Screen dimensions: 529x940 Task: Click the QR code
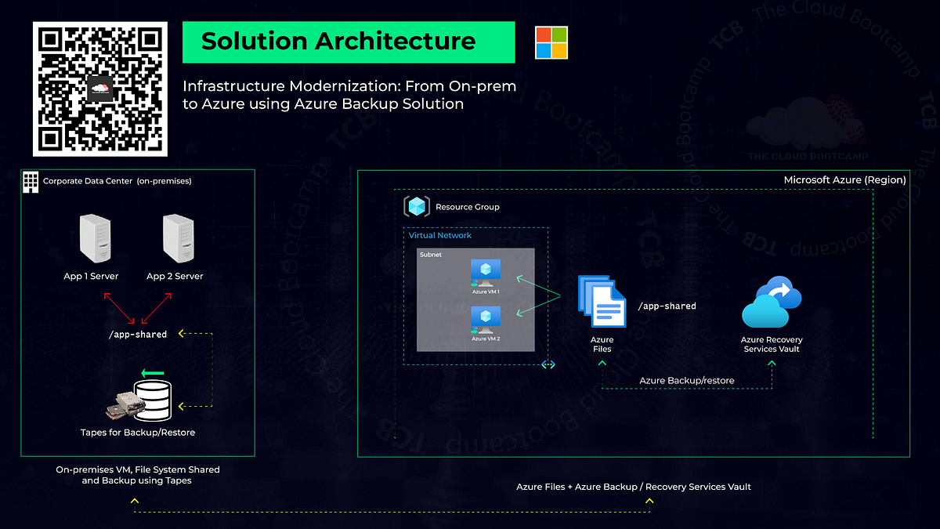coord(99,89)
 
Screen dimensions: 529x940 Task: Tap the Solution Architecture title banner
coord(348,42)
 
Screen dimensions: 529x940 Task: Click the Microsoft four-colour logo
coord(551,42)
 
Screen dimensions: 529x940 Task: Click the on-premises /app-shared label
coord(137,335)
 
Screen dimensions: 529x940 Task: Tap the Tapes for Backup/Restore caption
coord(138,432)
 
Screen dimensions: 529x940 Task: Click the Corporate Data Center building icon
coord(31,181)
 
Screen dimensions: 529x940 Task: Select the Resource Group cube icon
coord(417,207)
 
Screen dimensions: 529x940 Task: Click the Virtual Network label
coord(440,235)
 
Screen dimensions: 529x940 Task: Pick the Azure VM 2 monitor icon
coord(486,319)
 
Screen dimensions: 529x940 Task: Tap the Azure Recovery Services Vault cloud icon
coord(772,303)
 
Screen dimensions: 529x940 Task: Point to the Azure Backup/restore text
coord(687,380)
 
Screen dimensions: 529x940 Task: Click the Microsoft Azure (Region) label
coord(844,180)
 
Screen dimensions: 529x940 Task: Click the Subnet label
coord(431,255)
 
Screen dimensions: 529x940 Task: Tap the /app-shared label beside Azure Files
coord(667,306)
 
